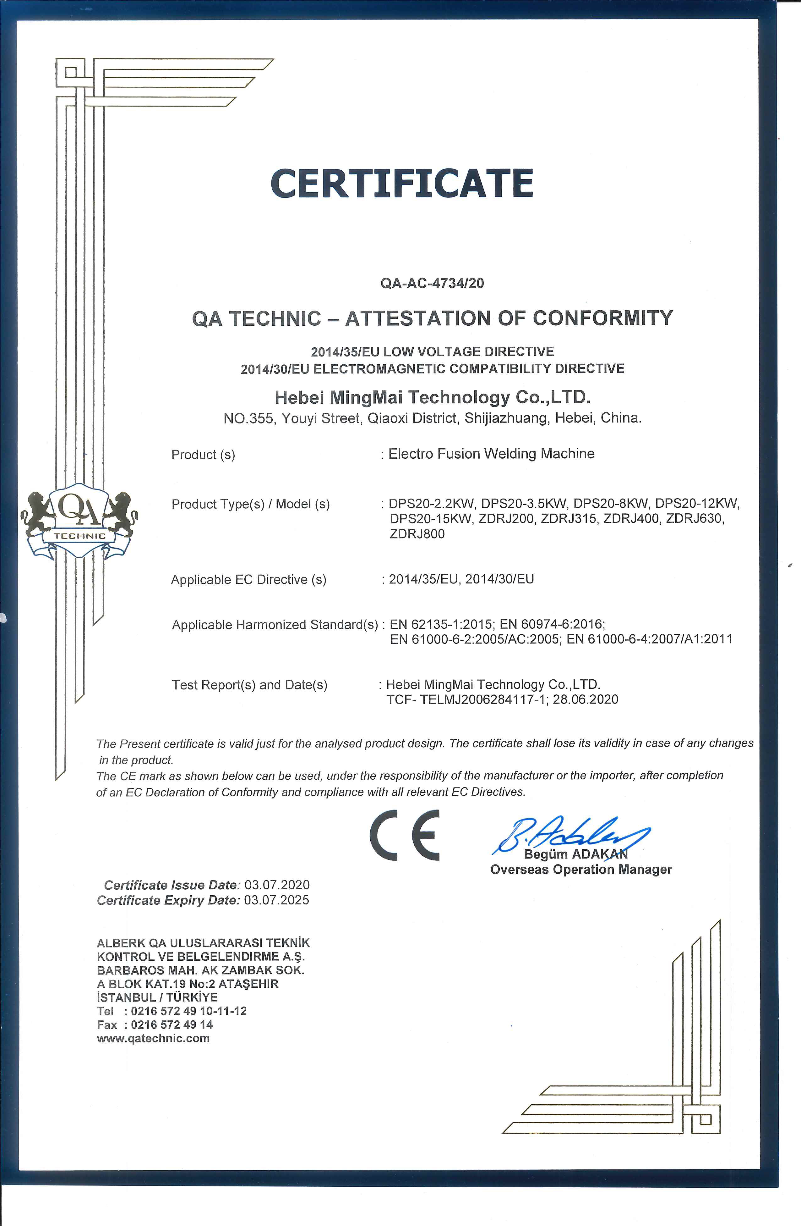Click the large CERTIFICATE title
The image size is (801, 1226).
point(401,183)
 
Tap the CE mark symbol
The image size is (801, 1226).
point(405,835)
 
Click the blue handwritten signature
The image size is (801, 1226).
point(569,833)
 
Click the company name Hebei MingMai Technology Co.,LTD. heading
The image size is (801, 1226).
point(433,397)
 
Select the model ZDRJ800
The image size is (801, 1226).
point(417,534)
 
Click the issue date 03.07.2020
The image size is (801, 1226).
point(277,885)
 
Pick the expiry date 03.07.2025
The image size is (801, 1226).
point(277,900)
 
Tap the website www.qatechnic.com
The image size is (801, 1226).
point(153,1038)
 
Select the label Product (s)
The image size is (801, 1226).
point(203,455)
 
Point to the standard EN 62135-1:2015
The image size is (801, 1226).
point(441,624)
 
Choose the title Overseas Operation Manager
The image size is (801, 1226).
point(581,870)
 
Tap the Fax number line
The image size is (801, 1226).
point(155,1024)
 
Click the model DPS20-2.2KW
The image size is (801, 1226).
point(431,503)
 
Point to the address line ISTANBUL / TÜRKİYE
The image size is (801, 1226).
point(157,997)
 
